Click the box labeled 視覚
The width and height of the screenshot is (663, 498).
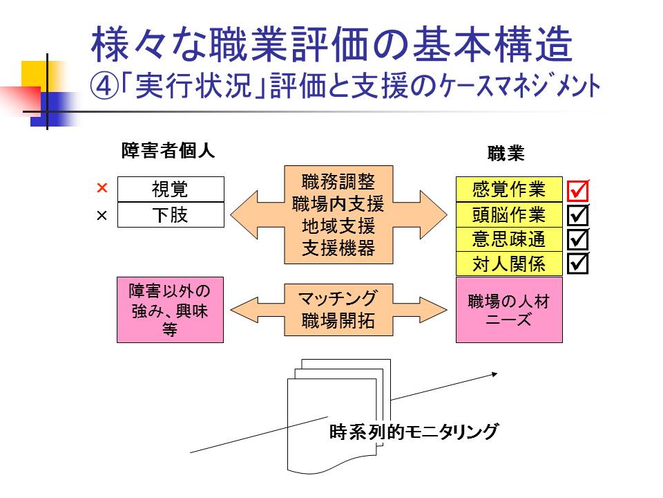click(x=171, y=189)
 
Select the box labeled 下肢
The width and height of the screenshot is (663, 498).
click(x=171, y=215)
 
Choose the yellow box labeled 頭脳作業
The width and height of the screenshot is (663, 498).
click(x=509, y=214)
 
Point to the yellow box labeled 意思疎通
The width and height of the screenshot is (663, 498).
click(x=509, y=239)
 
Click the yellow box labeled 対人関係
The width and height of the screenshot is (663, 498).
click(x=509, y=264)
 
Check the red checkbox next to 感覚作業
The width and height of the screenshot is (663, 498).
click(x=578, y=190)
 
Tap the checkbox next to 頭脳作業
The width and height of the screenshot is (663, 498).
click(x=578, y=215)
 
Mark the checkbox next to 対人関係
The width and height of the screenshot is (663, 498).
click(x=578, y=263)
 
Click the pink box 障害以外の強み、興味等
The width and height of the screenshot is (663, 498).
click(x=170, y=309)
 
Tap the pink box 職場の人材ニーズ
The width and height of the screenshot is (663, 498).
click(x=509, y=310)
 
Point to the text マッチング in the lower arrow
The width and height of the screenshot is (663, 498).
click(x=338, y=298)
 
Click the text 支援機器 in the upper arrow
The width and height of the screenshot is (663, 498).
click(x=338, y=249)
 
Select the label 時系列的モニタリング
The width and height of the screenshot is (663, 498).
click(x=414, y=433)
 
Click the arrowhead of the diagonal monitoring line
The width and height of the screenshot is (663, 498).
click(x=494, y=374)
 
